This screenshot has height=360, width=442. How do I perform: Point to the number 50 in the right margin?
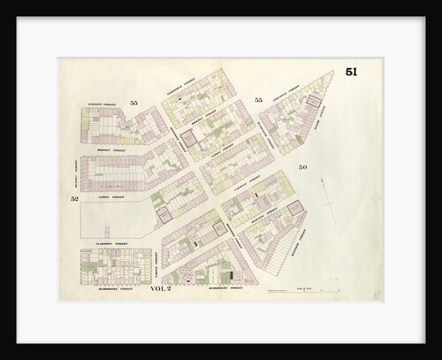pos(303,167)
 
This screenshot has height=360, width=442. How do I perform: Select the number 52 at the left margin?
pos(75,200)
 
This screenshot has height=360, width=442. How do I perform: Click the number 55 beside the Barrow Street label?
pos(133,103)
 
